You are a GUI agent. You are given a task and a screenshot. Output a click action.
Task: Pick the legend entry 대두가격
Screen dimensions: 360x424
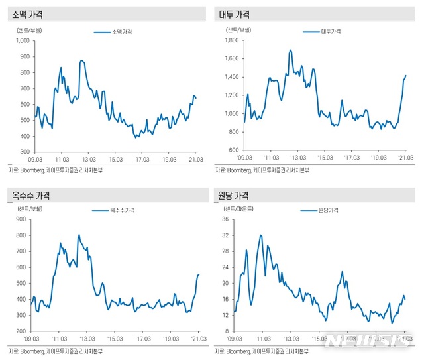click(330, 31)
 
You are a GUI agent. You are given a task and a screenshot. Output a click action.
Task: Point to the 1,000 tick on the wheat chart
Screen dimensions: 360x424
click(23, 40)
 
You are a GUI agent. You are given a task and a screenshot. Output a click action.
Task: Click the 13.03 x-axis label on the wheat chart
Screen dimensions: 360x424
click(89, 159)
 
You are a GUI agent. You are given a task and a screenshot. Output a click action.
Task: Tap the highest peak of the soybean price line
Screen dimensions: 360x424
click(290, 50)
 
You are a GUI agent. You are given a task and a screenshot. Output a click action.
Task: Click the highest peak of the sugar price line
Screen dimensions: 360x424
click(261, 235)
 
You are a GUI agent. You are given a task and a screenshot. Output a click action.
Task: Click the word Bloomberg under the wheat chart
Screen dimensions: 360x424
click(36, 170)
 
